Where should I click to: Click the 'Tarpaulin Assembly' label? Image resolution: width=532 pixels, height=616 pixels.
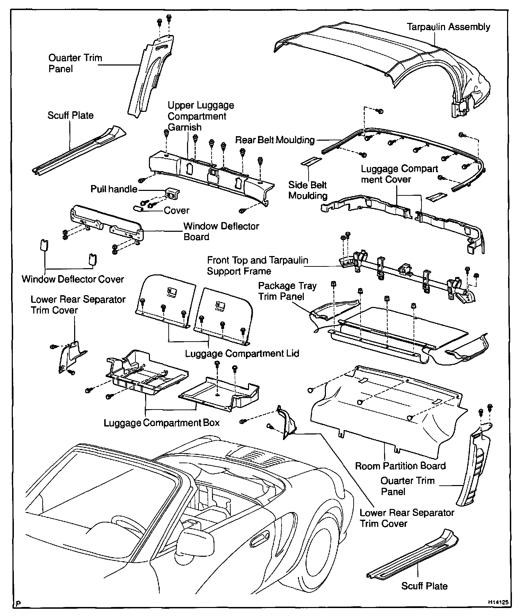[x=448, y=27]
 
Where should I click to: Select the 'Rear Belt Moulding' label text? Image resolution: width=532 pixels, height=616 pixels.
[x=275, y=140]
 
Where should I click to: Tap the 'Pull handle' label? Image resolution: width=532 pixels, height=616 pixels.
[x=114, y=189]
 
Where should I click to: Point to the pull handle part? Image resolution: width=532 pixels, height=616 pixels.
[x=172, y=194]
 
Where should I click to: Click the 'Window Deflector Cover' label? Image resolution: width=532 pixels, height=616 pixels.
[x=73, y=279]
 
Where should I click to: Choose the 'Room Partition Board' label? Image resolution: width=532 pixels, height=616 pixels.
[x=400, y=466]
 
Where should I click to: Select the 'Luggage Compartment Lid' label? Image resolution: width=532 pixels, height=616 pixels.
[x=242, y=354]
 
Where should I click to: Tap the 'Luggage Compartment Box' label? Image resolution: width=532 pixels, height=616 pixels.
[x=162, y=423]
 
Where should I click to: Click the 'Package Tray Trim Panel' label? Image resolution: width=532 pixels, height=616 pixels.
[x=287, y=291]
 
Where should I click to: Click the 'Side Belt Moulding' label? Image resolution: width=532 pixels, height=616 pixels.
[x=308, y=190]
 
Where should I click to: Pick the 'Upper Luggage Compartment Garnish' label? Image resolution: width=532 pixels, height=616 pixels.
[x=201, y=116]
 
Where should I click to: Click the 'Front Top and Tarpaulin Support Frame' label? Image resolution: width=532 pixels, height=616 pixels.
[x=257, y=265]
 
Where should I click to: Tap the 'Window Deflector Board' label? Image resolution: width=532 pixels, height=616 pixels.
[x=221, y=231]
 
